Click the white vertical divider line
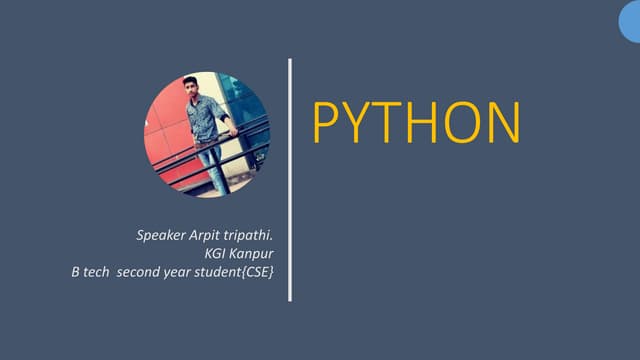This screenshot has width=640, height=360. [290, 180]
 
